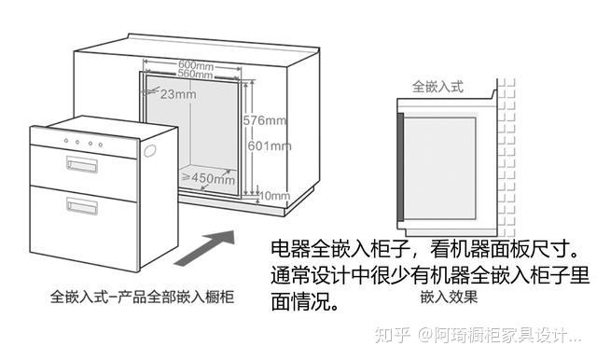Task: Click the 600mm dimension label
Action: coord(196,65)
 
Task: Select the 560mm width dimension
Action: coord(195,74)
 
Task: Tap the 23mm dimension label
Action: coord(178,94)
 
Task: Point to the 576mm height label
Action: coord(265,120)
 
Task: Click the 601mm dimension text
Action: coord(270,145)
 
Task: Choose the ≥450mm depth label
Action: coord(208,178)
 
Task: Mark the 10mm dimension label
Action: coord(274,196)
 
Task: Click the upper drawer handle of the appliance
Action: coord(82,165)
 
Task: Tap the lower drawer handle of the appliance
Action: coord(82,206)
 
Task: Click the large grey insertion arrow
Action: coord(204,248)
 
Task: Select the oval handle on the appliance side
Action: coord(149,150)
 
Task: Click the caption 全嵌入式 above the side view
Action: coord(438,87)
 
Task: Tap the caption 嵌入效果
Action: coord(449,297)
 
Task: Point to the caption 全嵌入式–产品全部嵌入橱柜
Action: coord(142,297)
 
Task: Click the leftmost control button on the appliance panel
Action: coord(66,141)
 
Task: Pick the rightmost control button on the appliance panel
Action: coord(101,145)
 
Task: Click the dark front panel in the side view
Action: coord(400,167)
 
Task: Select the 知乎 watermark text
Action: coord(392,335)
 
